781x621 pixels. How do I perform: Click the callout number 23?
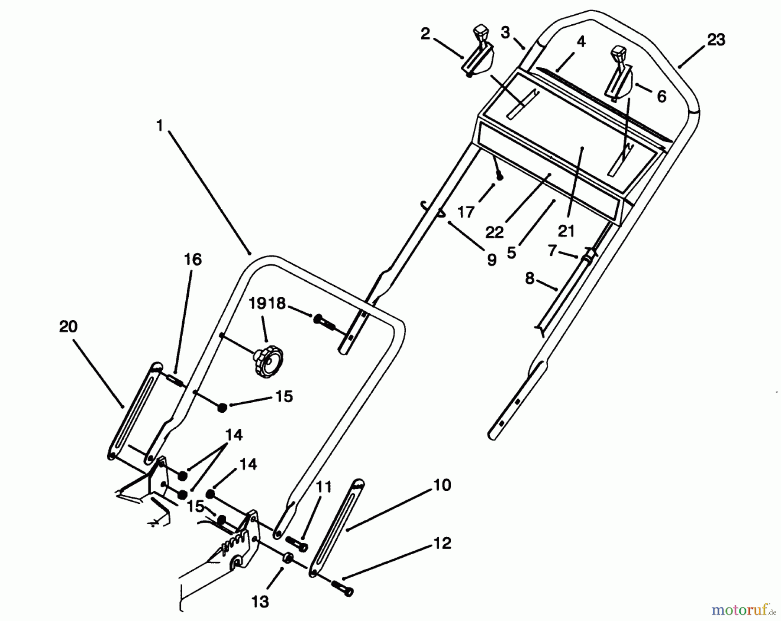[x=716, y=40]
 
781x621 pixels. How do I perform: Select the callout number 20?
[x=68, y=326]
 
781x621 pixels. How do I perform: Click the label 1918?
[x=267, y=303]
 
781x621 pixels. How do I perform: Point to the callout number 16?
[x=193, y=260]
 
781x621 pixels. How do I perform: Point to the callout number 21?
[x=566, y=231]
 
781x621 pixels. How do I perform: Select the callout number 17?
[x=466, y=212]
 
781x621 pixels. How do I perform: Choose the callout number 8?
[x=529, y=278]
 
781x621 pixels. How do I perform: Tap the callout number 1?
[x=159, y=126]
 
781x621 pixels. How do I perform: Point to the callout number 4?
[x=581, y=42]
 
